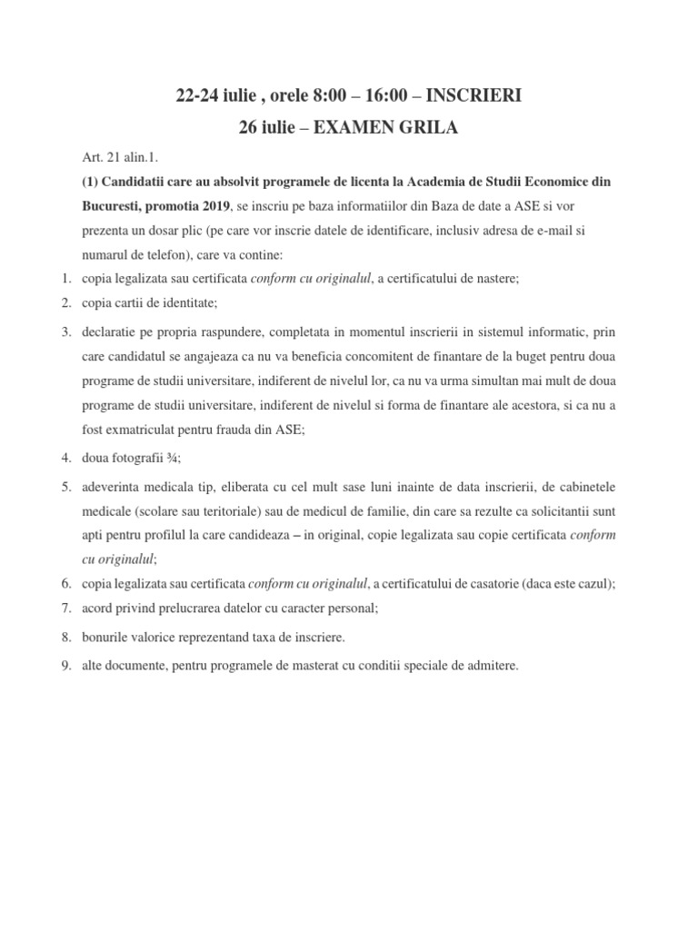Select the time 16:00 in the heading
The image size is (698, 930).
pyautogui.click(x=383, y=95)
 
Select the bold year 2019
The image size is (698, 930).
pyautogui.click(x=209, y=206)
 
